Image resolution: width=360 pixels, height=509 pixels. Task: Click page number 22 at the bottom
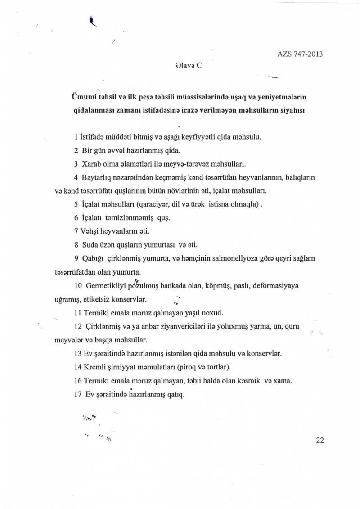320,441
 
